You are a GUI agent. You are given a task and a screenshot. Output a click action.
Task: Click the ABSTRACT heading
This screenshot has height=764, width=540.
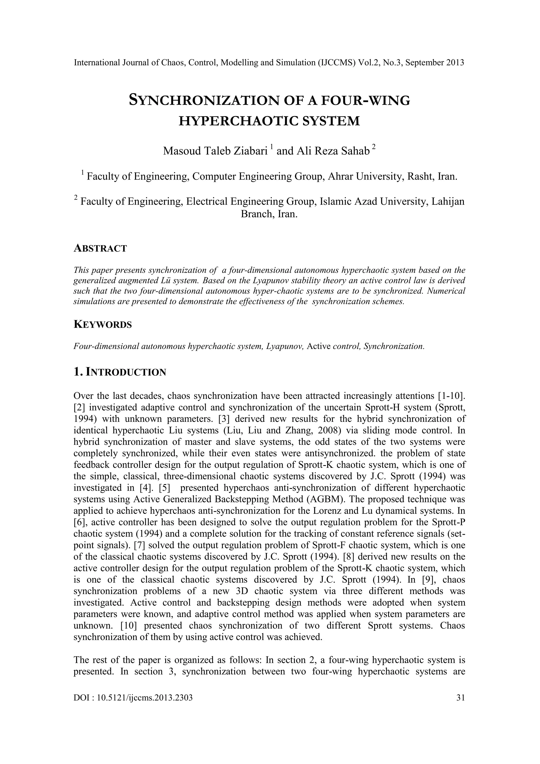pos(100,248)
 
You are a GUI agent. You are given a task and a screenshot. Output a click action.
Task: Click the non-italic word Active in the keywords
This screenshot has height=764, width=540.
pos(318,346)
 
